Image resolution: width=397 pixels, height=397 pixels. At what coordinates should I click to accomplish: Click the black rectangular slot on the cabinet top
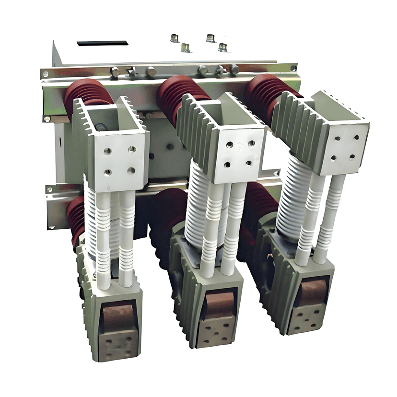[102, 43]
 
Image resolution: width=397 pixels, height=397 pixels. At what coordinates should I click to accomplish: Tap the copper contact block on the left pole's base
[117, 317]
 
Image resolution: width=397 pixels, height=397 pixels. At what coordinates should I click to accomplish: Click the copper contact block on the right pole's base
[311, 292]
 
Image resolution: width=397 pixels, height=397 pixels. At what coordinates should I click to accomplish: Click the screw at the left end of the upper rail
[46, 74]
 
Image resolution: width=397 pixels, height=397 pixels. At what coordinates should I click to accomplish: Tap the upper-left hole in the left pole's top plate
[107, 151]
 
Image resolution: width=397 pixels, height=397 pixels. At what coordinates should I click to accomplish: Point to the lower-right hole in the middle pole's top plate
[248, 163]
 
